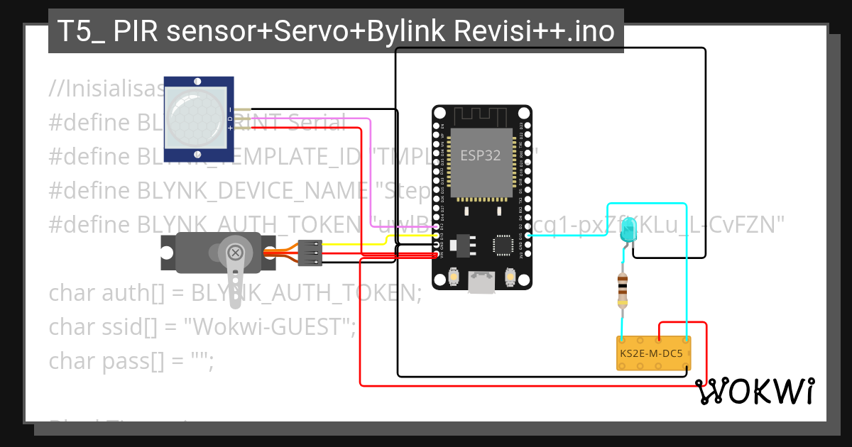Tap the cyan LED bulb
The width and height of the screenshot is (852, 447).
click(x=628, y=231)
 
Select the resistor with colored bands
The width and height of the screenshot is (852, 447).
click(x=623, y=291)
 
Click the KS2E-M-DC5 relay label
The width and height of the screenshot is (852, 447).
click(x=652, y=353)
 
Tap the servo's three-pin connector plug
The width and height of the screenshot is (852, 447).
click(x=310, y=253)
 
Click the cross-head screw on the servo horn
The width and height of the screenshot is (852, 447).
click(x=235, y=252)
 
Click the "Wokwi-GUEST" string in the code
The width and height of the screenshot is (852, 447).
click(x=269, y=327)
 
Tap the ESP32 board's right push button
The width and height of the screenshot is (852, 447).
click(x=509, y=276)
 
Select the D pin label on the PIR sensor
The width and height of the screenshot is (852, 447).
click(x=229, y=118)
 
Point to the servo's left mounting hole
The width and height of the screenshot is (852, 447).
click(x=168, y=253)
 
